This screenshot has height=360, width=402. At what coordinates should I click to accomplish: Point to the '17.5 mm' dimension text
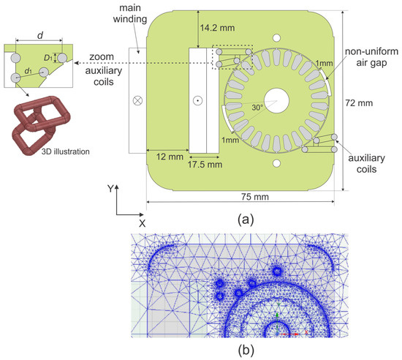[205, 165]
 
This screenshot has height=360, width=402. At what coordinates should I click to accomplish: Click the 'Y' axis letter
[110, 188]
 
